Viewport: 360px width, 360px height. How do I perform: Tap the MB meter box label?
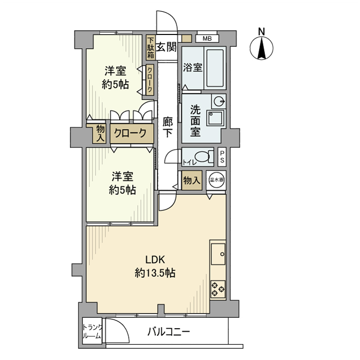click(207, 39)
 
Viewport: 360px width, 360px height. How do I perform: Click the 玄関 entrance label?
click(166, 48)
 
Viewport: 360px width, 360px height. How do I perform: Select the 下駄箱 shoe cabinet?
click(151, 48)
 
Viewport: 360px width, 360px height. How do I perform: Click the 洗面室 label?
click(195, 120)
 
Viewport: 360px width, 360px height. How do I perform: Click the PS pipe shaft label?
click(222, 156)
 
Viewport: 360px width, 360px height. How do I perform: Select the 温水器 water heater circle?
click(217, 181)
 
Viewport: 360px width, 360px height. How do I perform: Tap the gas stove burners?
click(218, 289)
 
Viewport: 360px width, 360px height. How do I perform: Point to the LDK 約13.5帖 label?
click(154, 266)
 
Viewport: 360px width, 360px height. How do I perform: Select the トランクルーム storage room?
click(93, 332)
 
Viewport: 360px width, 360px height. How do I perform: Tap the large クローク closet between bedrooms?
click(130, 133)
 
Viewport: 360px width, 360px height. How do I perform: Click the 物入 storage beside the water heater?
click(191, 181)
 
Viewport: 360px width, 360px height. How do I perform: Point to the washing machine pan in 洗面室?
click(214, 118)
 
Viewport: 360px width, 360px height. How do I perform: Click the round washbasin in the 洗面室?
click(219, 100)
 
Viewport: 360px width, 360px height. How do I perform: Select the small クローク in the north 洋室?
click(150, 80)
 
